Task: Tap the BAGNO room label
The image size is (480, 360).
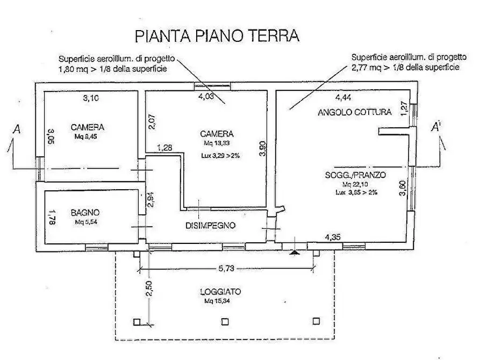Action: [x=85, y=213]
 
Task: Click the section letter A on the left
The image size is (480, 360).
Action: [x=18, y=129]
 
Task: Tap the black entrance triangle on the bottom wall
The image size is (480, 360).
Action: [x=293, y=250]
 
